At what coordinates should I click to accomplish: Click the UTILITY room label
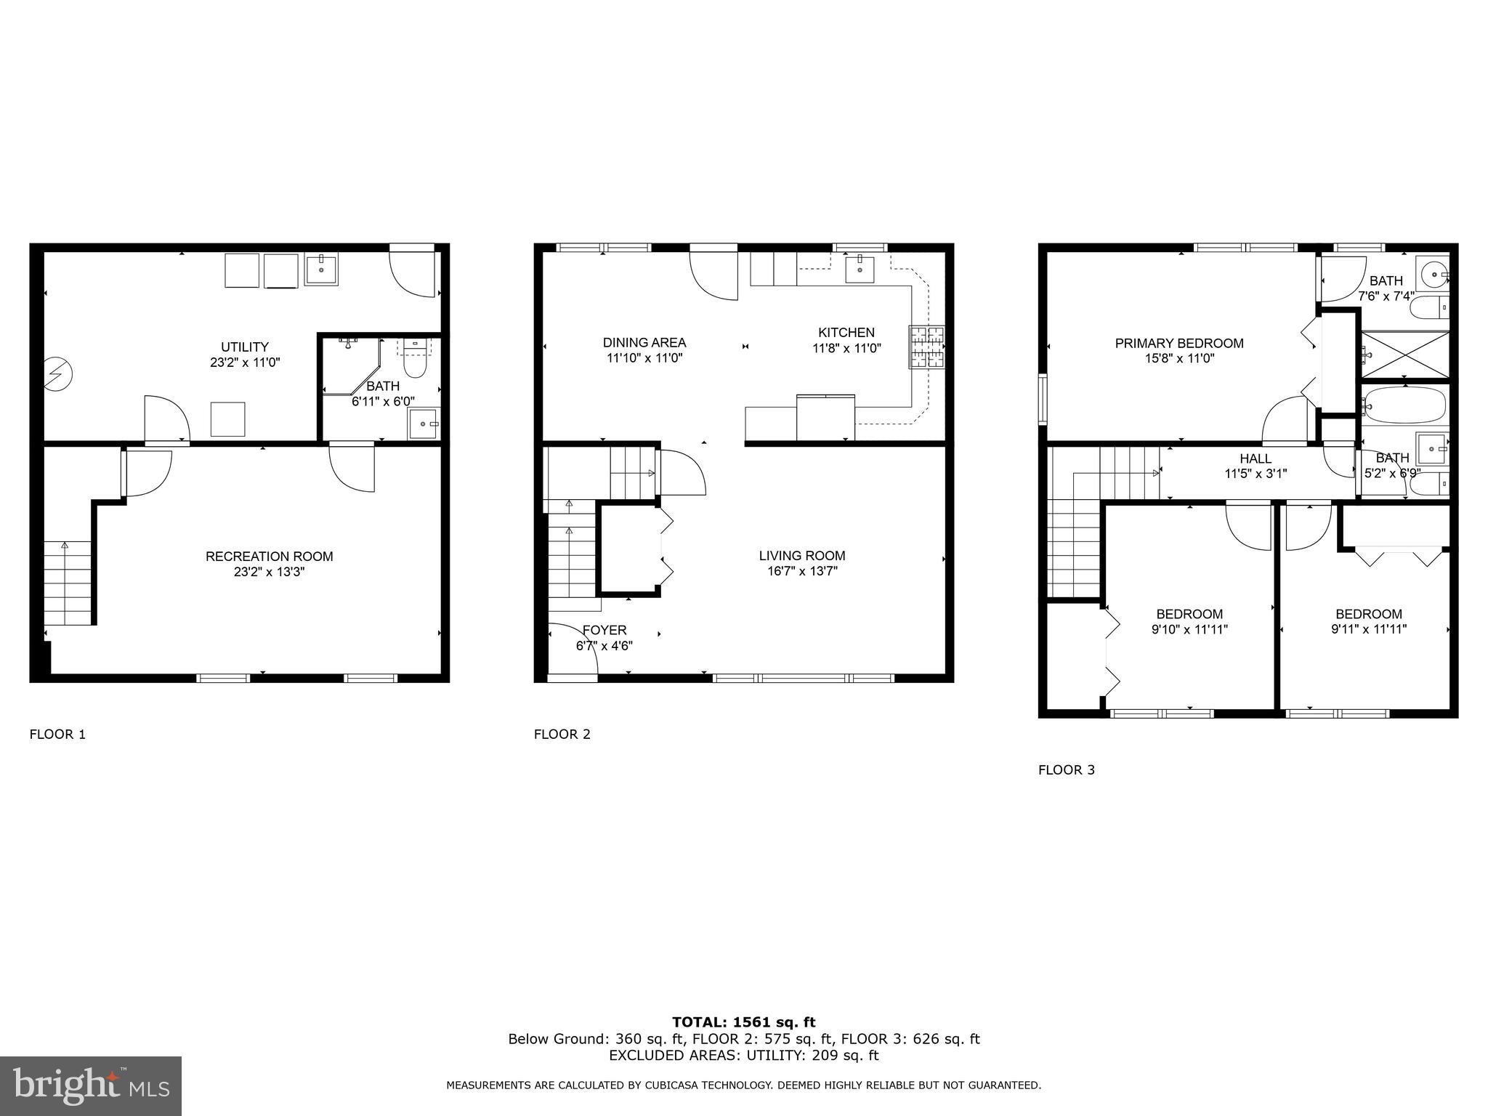[245, 347]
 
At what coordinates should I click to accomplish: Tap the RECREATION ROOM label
[269, 557]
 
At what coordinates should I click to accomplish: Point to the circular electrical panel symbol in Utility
[57, 375]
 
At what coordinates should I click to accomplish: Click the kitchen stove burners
[926, 347]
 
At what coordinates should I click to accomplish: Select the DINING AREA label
[644, 343]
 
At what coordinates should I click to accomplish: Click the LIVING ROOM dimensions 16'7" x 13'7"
[802, 572]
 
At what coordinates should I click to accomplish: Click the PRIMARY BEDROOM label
[1179, 344]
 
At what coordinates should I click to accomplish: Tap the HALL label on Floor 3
[1255, 459]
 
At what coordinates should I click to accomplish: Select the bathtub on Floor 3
[1405, 405]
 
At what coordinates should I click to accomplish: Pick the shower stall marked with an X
[1405, 355]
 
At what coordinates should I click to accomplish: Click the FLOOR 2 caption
[562, 735]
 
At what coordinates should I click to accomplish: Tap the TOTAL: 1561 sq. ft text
[743, 1023]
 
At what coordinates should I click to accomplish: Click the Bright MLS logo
[90, 1086]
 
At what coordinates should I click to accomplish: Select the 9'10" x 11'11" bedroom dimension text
[1189, 630]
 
